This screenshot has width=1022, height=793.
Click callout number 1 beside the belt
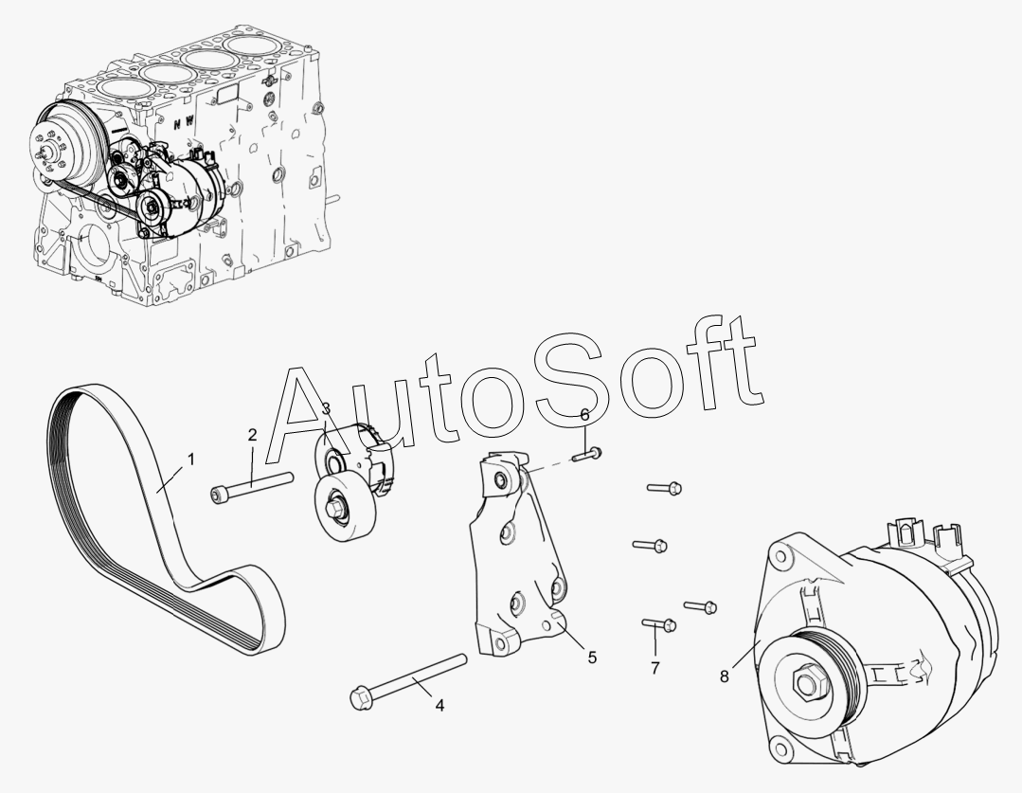click(190, 459)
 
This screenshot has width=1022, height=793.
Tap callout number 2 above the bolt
click(252, 435)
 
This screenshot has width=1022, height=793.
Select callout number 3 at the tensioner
click(325, 409)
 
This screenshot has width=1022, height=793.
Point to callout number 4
click(439, 705)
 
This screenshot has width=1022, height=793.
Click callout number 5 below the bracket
click(592, 657)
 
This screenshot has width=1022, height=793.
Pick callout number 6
click(584, 415)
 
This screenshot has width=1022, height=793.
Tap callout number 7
click(654, 669)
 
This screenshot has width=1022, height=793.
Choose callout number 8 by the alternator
click(725, 676)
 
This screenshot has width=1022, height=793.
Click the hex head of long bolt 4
click(361, 697)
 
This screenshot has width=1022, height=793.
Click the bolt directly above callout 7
click(660, 624)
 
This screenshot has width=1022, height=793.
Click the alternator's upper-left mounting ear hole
click(784, 559)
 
